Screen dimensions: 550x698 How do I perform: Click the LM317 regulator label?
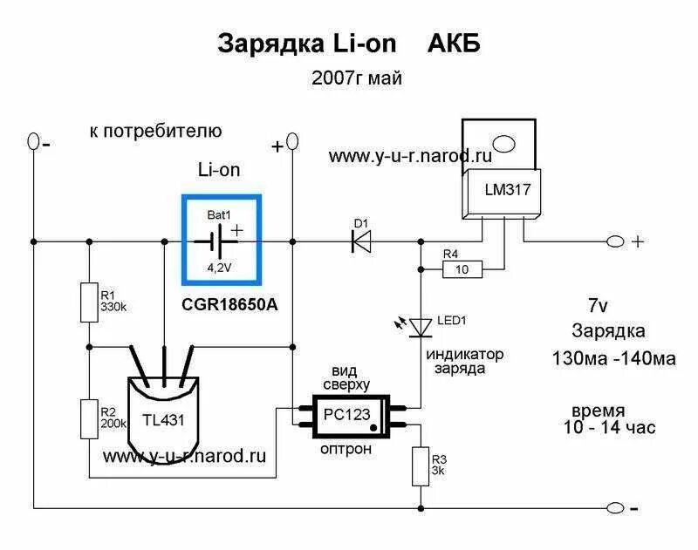pos(501,189)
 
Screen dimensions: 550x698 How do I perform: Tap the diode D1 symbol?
pos(361,241)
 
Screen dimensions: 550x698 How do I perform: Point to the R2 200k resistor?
pos(88,418)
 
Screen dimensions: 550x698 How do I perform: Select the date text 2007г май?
pos(357,79)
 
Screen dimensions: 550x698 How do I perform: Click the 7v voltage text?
pos(599,305)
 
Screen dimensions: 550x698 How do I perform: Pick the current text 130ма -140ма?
pos(613,357)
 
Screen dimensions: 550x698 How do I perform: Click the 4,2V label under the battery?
pos(219,268)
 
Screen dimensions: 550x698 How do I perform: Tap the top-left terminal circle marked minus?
pos(33,139)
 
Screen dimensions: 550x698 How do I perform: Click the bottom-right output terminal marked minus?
pos(619,508)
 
